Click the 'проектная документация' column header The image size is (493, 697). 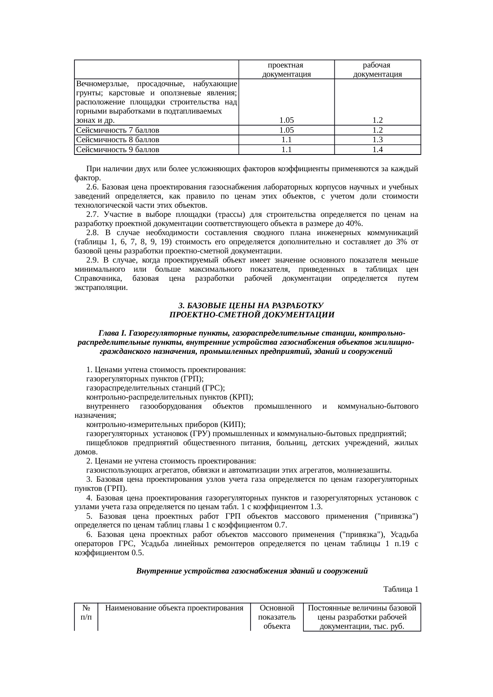pyautogui.click(x=286, y=70)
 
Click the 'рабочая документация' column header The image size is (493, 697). pyautogui.click(x=377, y=70)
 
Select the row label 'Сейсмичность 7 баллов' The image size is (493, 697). pyautogui.click(x=118, y=130)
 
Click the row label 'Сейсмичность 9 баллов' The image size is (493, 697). pyautogui.click(x=118, y=150)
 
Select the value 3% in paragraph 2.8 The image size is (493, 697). pyautogui.click(x=401, y=242)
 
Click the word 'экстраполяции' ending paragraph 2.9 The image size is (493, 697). pyautogui.click(x=101, y=288)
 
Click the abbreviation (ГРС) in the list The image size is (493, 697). pyautogui.click(x=214, y=388)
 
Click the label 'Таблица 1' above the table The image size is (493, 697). pyautogui.click(x=400, y=589)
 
